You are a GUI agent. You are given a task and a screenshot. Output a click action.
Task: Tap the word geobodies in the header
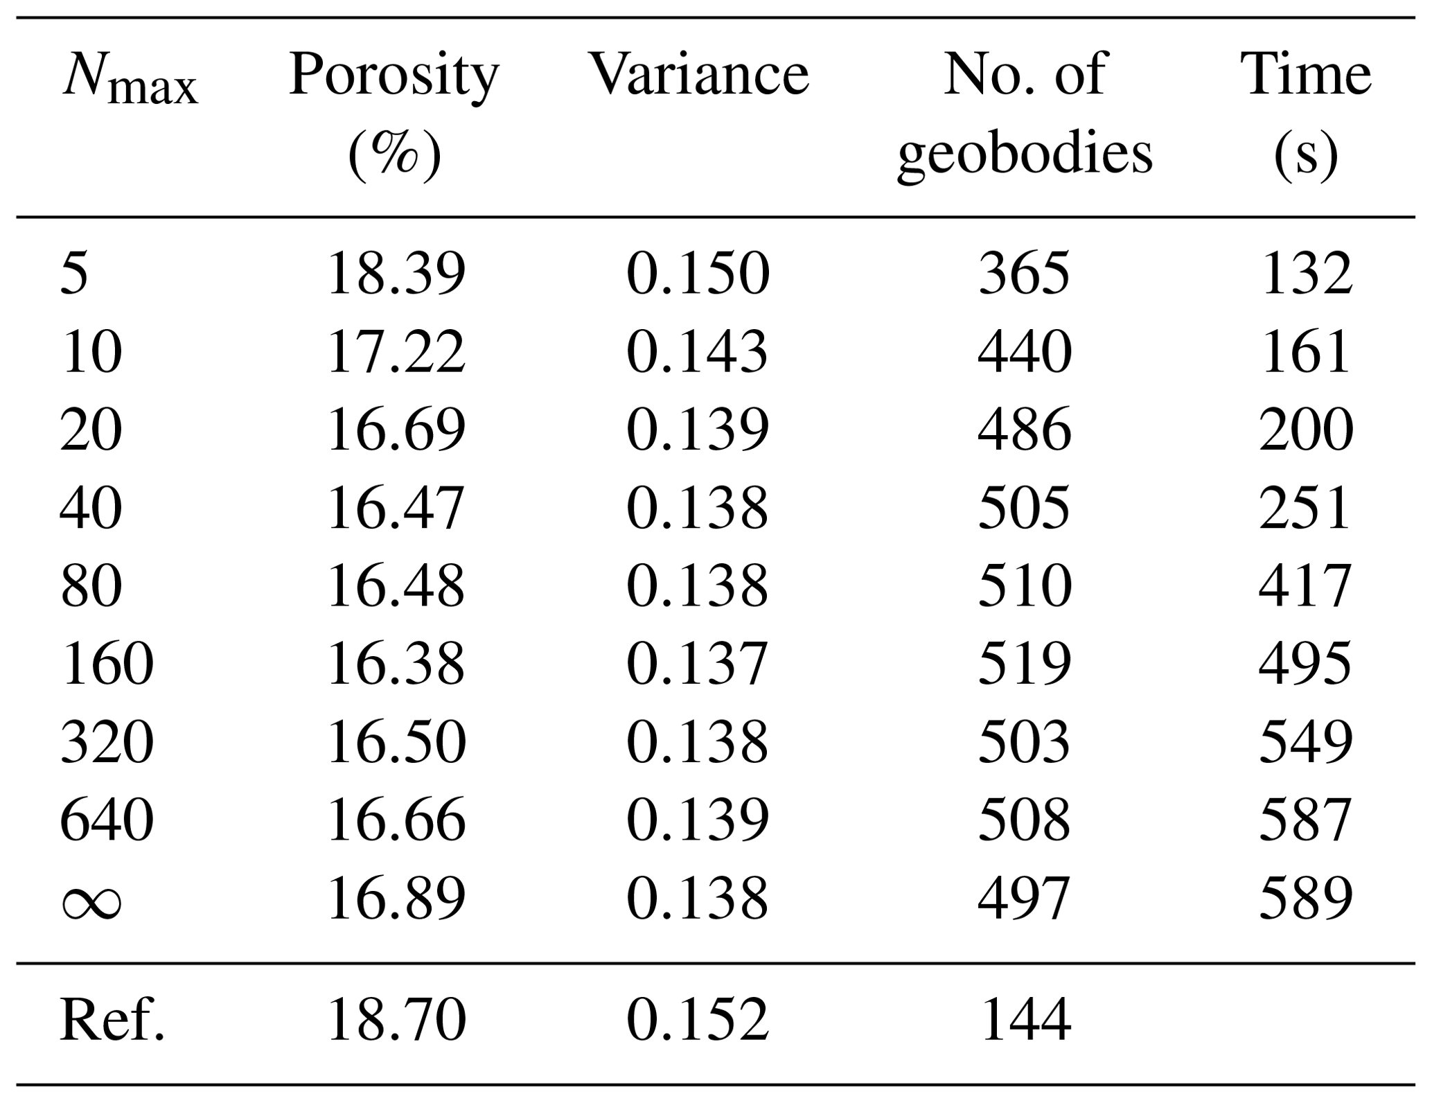pyautogui.click(x=1025, y=154)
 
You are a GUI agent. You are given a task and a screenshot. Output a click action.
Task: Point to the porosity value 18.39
pyautogui.click(x=396, y=274)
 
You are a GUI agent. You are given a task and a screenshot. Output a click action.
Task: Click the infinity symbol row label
pyautogui.click(x=91, y=899)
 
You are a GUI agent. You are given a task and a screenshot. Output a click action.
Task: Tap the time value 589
pyautogui.click(x=1305, y=899)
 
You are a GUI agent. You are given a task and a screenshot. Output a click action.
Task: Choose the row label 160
pyautogui.click(x=107, y=664)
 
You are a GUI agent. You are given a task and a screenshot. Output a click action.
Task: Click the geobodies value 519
pyautogui.click(x=1025, y=664)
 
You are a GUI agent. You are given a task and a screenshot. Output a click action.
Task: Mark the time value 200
pyautogui.click(x=1305, y=430)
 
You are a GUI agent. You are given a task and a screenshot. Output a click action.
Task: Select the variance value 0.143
pyautogui.click(x=698, y=352)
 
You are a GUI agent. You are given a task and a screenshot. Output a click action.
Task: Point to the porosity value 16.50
pyautogui.click(x=396, y=742)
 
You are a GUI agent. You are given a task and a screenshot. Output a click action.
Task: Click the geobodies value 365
pyautogui.click(x=1025, y=274)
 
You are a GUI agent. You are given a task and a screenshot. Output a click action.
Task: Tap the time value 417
pyautogui.click(x=1305, y=586)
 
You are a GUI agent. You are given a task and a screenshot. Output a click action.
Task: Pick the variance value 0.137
pyautogui.click(x=698, y=664)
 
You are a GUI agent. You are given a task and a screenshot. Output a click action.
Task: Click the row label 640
pyautogui.click(x=107, y=820)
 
